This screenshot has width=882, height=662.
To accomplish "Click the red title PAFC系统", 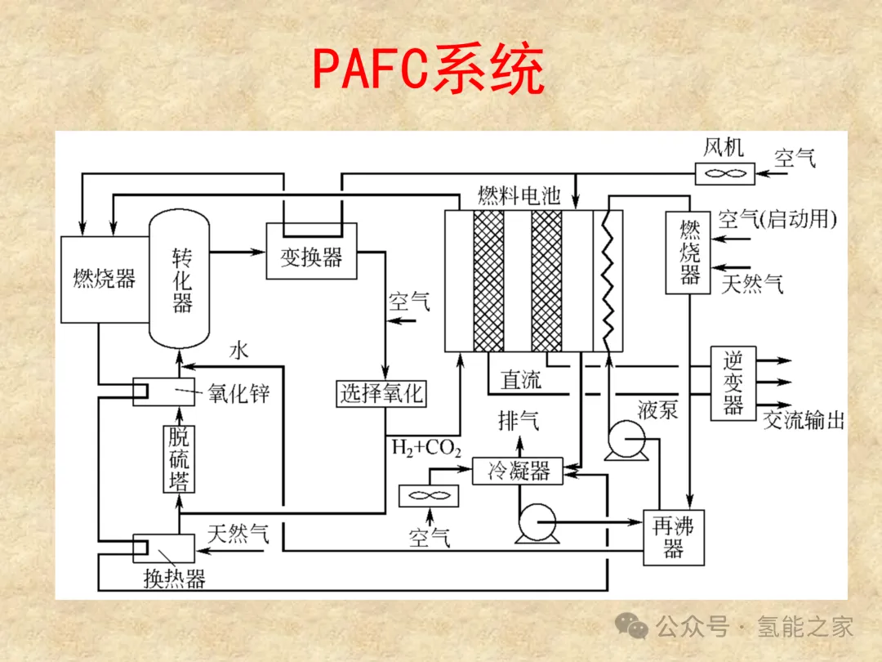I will pos(429,70).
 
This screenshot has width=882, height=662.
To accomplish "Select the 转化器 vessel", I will pos(180,278).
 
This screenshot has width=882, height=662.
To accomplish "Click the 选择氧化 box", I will pos(381,394).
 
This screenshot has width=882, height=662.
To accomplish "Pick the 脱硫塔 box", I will pos(179,459).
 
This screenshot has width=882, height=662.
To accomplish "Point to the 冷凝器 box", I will pos(519,471).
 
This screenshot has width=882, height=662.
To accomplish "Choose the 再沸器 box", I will pos(673,537).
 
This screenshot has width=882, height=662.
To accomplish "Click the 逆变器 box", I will pos(733,383).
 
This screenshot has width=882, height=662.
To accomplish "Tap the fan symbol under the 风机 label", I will pos(725,173).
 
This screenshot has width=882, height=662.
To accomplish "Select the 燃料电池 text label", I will pos(519,197).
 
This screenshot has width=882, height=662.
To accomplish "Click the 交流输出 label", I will pos(804,420).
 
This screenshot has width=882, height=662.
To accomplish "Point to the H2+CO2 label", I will pos(426,449).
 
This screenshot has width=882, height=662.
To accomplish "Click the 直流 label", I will pos(521,379).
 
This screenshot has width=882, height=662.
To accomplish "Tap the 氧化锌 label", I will pos(238,393).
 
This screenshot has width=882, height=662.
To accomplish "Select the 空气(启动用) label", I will pos(777,219).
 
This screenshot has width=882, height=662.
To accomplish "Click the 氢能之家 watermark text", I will pos(805,627).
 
